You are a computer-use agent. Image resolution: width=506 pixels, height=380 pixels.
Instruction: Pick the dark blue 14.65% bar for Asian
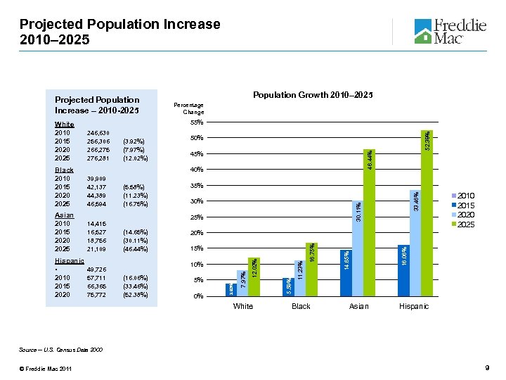coord(345,272)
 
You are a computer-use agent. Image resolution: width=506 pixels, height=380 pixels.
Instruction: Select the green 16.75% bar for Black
coord(311,270)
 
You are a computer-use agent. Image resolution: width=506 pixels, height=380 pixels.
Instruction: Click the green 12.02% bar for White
coord(254,277)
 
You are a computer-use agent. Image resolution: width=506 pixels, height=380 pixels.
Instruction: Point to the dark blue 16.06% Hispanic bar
coord(403,270)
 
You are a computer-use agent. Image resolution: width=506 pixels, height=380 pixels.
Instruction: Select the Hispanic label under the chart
coord(414,306)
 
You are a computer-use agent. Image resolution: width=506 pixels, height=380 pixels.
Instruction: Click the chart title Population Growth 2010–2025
coord(313,95)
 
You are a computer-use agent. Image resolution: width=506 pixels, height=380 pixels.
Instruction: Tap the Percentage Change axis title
coord(189,108)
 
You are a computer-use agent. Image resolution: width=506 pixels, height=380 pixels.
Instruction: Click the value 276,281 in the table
coord(98,158)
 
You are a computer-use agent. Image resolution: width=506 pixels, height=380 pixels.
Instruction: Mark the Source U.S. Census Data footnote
coord(76,349)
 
